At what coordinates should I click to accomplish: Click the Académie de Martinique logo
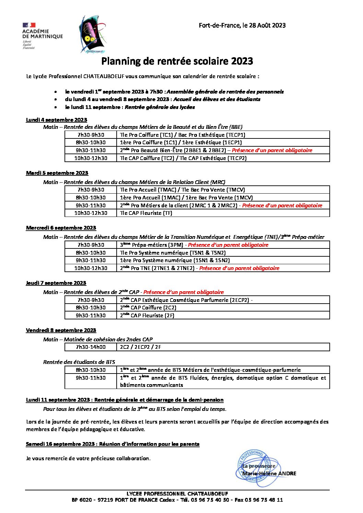pos(42,35)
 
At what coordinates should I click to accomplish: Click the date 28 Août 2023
pos(267,25)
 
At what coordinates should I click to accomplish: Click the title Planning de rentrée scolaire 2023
pos(177,61)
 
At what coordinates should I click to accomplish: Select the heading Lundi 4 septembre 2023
pos(57,120)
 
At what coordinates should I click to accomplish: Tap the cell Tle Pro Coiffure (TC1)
pos(223,135)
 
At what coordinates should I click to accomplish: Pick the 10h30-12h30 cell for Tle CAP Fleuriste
pos(91,213)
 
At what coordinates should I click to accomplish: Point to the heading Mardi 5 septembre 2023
pos(57,173)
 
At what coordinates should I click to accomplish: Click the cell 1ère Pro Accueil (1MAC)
pos(223,197)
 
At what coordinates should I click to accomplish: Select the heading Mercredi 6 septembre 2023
pos(61,228)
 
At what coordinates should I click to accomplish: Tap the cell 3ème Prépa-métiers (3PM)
pos(223,245)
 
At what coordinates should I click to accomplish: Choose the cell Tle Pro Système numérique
pos(223,253)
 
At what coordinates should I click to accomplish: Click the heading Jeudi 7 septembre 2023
pos(56,283)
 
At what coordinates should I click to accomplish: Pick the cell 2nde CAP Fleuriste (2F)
pos(223,316)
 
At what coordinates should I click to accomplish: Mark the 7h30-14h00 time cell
pos(91,347)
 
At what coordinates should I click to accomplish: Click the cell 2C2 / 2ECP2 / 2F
pos(223,347)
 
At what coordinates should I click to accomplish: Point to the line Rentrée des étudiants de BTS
pos(79,362)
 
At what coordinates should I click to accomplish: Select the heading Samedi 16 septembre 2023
pos(113,444)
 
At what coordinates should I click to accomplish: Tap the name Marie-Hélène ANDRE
pos(269,474)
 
